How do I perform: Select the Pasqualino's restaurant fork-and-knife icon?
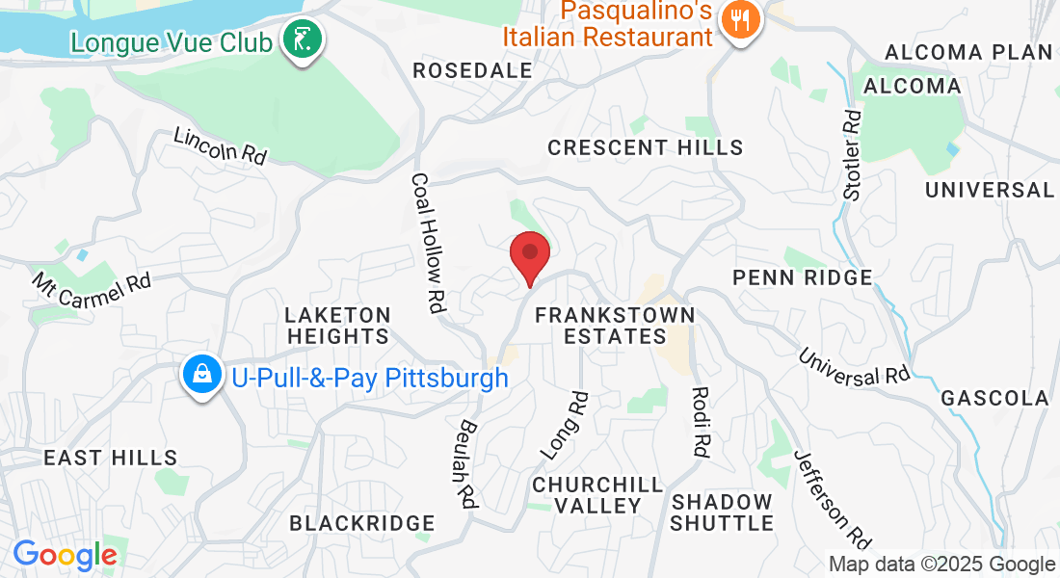740,20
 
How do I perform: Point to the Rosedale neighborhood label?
472,70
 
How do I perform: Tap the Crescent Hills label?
646,147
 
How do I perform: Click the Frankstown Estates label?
615,326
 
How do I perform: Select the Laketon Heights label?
338,326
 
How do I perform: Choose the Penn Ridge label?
802,277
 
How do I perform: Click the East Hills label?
111,458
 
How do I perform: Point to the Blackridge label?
362,523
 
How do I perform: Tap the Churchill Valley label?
598,494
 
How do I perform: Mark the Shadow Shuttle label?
723,512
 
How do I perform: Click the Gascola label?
994,398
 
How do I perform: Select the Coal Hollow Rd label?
427,243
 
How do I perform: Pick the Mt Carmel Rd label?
92,290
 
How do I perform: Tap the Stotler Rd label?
852,154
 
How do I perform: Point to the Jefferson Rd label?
832,498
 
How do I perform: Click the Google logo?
65,555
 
